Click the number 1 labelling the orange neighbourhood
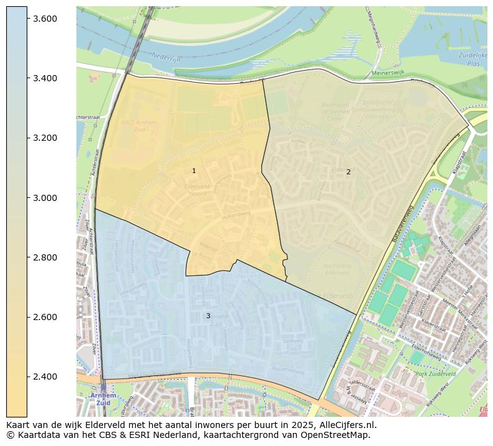point(194,171)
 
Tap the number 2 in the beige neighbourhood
point(348,172)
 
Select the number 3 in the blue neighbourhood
point(208,316)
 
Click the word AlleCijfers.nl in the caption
point(347,425)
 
